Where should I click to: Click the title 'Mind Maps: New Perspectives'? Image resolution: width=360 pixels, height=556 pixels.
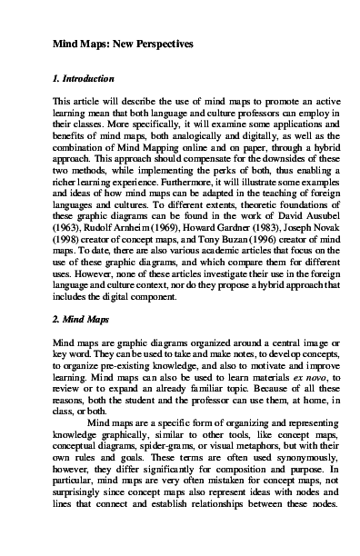112,45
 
